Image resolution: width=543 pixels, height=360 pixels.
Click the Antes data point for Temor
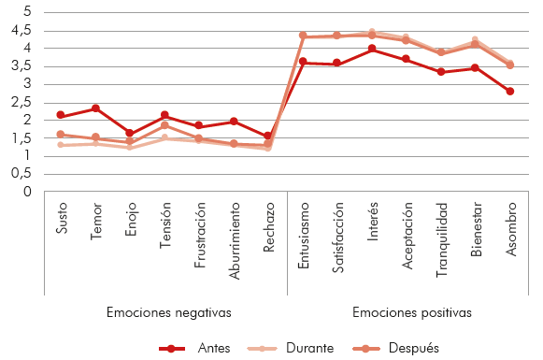pos(95,108)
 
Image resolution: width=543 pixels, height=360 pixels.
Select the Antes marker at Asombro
pos(509,91)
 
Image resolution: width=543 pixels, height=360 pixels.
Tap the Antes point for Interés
pos(372,49)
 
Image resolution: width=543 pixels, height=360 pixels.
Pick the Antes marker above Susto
pos(61,115)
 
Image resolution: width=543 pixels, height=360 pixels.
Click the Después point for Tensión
pos(164,125)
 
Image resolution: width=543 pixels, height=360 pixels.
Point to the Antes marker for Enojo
pos(130,134)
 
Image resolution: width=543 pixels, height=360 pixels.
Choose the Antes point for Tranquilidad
pos(441,72)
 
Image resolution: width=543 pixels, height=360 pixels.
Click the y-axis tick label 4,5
pos(20,30)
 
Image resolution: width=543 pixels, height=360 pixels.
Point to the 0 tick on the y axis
pos(27,192)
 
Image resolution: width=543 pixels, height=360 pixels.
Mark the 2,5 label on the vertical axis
pos(20,102)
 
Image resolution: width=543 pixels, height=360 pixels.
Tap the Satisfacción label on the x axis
pos(337,240)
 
